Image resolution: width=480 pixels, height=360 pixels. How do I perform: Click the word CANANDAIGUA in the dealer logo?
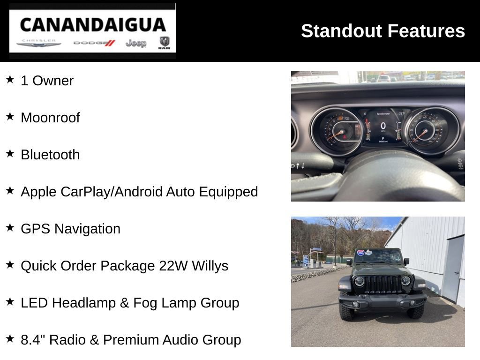93,24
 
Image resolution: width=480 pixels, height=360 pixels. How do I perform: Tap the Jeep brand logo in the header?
136,43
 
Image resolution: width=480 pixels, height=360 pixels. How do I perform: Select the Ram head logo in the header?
164,43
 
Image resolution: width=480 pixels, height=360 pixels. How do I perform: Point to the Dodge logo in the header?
94,43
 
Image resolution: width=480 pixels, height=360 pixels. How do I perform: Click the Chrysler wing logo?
39,44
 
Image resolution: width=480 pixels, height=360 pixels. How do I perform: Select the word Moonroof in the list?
50,118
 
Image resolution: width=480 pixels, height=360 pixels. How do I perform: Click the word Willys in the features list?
210,266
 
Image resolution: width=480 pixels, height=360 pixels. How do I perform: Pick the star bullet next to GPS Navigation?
10,228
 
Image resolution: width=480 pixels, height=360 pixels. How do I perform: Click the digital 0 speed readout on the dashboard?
383,126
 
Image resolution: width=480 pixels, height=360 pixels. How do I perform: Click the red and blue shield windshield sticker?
360,253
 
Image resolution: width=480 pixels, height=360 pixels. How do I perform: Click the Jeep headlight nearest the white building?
405,280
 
